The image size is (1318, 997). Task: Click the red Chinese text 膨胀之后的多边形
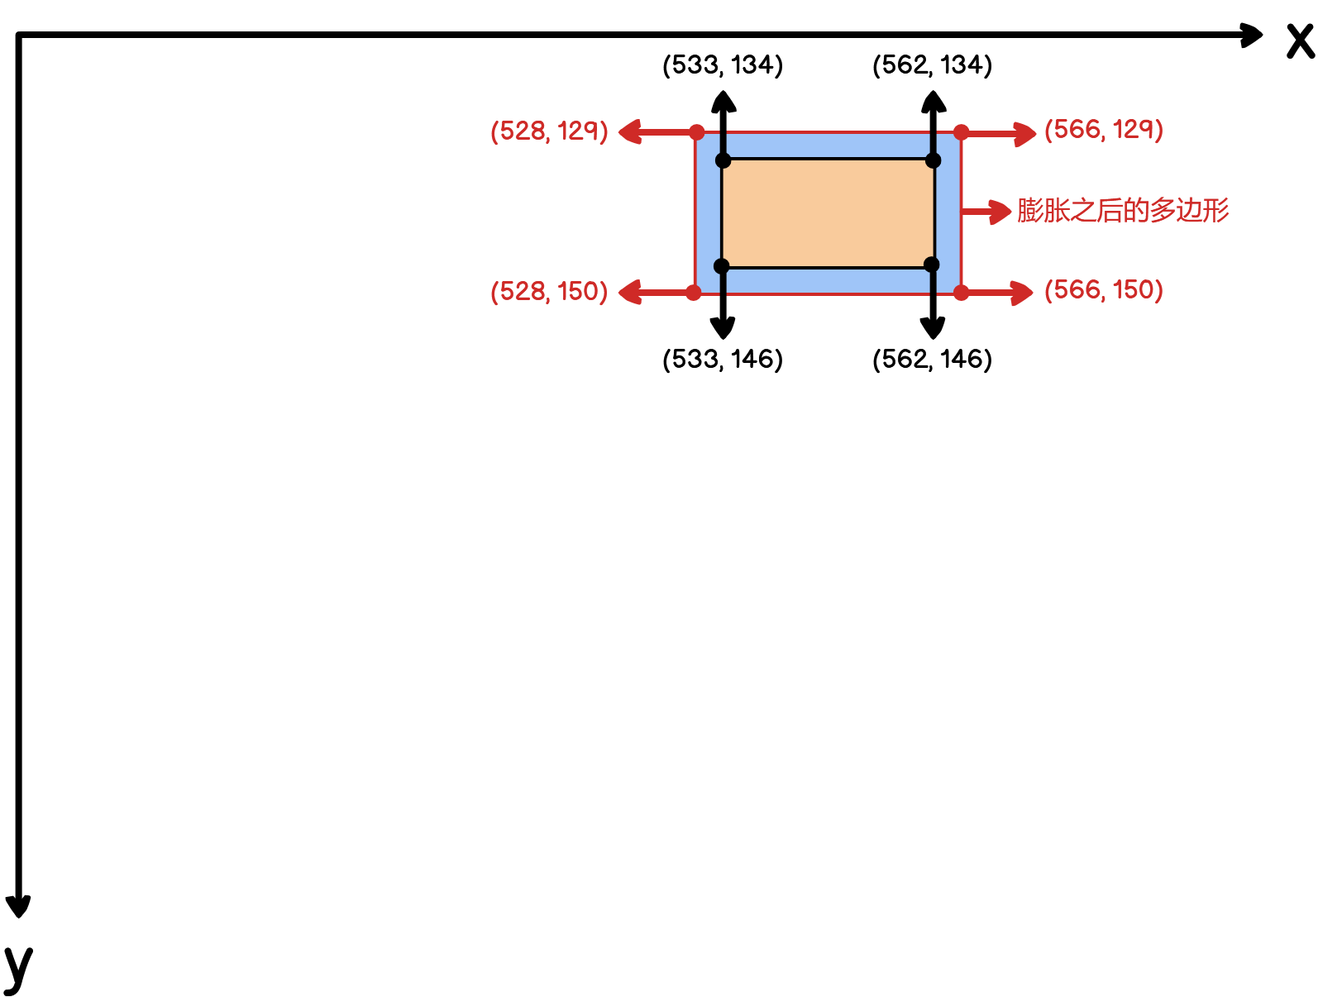pos(1123,211)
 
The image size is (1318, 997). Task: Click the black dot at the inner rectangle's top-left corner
pos(723,160)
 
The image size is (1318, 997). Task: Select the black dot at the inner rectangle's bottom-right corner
pos(932,265)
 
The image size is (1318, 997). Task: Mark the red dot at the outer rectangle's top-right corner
pos(961,132)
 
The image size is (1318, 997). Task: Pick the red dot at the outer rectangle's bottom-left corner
pos(694,293)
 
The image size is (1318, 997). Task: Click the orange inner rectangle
pos(828,213)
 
